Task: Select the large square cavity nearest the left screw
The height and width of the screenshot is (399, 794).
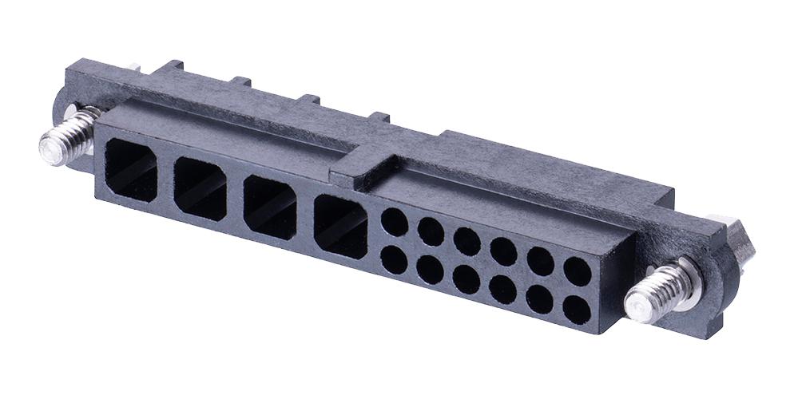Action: point(131,169)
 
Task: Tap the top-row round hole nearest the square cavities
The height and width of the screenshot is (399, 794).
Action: point(395,222)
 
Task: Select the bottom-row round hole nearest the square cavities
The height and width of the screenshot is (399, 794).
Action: point(394,259)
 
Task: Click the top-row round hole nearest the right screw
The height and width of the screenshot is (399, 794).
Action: point(577,271)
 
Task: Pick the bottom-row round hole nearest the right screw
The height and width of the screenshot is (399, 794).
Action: point(577,309)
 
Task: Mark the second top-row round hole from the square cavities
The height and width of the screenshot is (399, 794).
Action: point(431,231)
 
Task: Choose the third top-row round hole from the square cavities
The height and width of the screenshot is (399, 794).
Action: point(467,241)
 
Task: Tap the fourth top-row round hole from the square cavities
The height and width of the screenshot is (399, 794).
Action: point(503,251)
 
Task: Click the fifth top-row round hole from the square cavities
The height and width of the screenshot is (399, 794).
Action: point(541,262)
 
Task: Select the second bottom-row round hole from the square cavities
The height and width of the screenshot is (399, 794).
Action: point(430,269)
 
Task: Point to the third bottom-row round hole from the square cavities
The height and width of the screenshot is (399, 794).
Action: point(466,279)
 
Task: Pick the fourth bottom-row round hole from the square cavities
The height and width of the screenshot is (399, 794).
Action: point(502,288)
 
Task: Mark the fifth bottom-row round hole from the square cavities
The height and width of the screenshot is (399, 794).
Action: point(540,298)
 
